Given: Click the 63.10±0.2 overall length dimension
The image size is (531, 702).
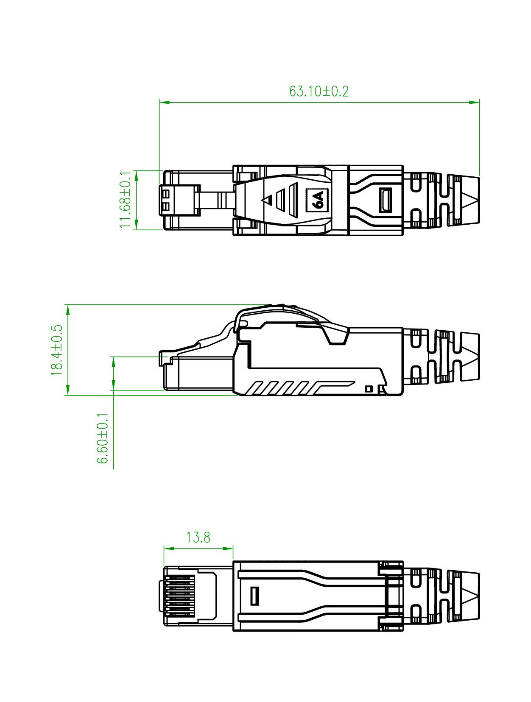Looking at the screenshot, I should pyautogui.click(x=319, y=91).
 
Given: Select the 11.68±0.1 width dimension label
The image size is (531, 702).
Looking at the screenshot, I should pyautogui.click(x=126, y=199).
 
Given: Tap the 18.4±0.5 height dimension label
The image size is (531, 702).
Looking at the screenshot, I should pyautogui.click(x=57, y=350).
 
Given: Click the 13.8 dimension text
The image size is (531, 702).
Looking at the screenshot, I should pyautogui.click(x=198, y=538).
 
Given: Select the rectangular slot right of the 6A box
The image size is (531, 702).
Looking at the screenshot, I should pyautogui.click(x=385, y=200).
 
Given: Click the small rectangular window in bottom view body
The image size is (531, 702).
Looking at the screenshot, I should pyautogui.click(x=254, y=596).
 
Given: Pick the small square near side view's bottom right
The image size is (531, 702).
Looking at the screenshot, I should pyautogui.click(x=369, y=388).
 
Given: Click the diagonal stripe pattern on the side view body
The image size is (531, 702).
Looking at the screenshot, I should pyautogui.click(x=280, y=388).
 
